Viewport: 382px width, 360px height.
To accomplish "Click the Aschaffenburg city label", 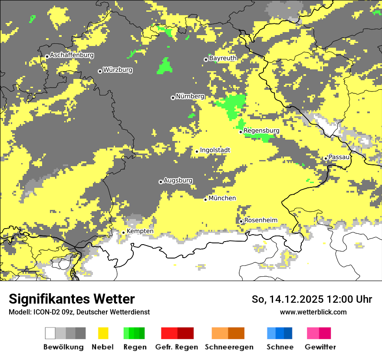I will point(72,55).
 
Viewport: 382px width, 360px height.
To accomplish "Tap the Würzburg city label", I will point(118,70).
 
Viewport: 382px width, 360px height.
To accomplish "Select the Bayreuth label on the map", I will point(223,58).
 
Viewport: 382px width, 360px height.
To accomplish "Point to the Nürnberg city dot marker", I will point(173,98).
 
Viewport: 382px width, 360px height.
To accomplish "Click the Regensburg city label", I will point(261,131).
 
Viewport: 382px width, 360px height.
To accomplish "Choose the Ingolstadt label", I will point(215,150).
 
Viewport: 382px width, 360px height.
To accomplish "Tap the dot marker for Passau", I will point(326,158).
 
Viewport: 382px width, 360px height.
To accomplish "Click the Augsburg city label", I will point(178,180).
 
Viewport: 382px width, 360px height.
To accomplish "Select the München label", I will point(222,198).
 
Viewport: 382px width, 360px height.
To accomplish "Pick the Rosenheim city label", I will point(260,220).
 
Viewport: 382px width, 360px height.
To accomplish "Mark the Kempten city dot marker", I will point(123,232).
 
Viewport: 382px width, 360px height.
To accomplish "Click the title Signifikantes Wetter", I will point(72,299).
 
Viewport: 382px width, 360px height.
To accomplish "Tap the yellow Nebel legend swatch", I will point(103,333).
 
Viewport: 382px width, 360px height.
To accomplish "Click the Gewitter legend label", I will point(320,347).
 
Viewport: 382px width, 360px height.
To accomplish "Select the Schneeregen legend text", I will point(229,347).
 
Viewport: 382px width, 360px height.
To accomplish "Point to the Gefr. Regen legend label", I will point(177,347).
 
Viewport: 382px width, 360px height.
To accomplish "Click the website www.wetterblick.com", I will point(313,312).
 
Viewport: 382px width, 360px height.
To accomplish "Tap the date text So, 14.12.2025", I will point(287,299).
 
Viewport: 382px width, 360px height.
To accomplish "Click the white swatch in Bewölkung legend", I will point(50,333).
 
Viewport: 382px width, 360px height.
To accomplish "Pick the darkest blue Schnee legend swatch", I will point(288,333).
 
